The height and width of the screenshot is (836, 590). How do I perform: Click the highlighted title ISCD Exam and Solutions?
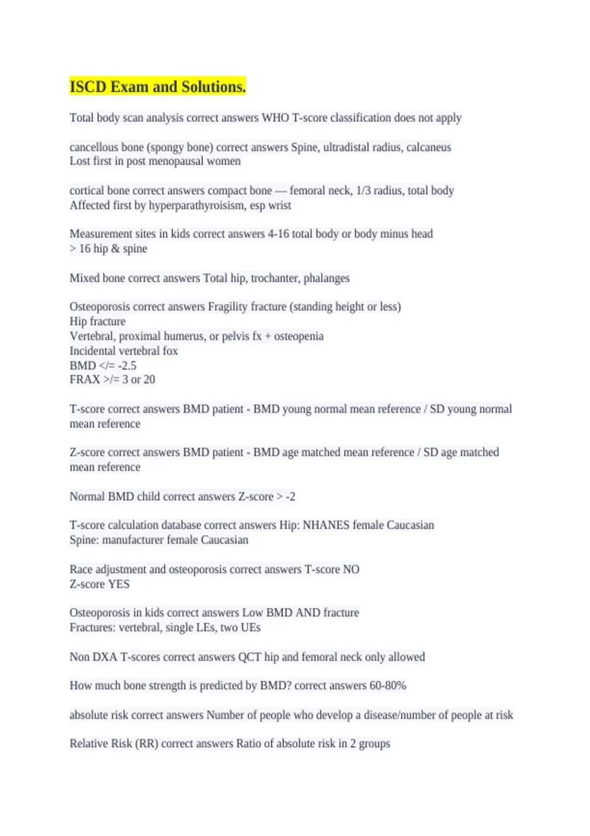157,87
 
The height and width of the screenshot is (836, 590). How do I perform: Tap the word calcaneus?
429,147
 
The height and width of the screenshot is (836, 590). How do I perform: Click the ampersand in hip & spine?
116,248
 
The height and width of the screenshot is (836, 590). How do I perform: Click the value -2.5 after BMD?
127,365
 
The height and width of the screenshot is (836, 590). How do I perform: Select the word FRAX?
85,379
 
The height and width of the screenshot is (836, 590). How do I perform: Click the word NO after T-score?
351,569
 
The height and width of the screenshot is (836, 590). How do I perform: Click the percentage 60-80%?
387,685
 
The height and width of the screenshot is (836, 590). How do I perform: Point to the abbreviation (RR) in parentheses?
146,743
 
